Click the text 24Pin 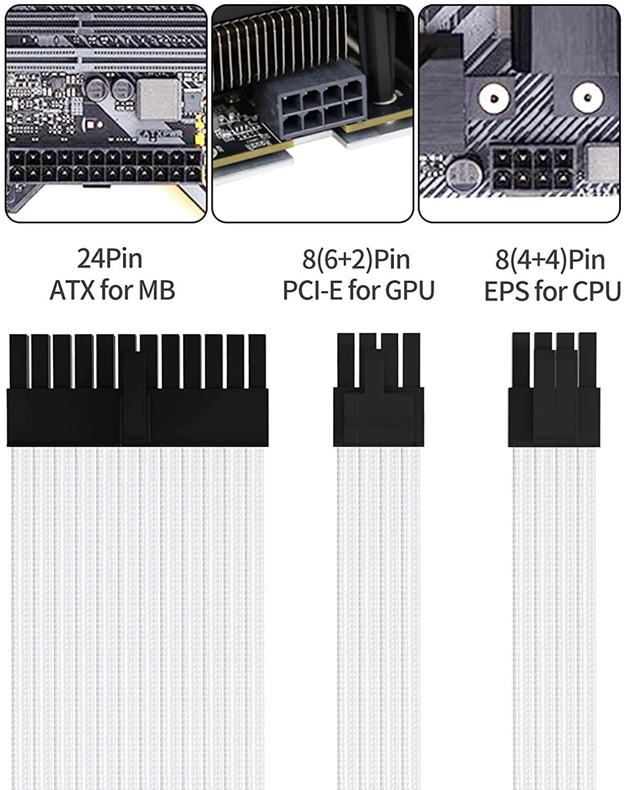coord(110,259)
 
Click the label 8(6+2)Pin coord(356,259)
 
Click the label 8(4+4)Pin coord(550,260)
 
